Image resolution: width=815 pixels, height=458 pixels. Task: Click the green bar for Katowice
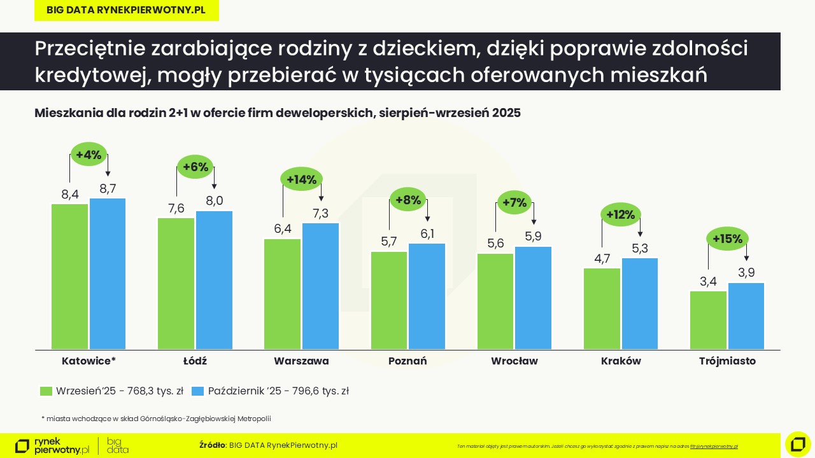pos(70,276)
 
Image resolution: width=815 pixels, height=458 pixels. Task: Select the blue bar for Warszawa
pos(320,286)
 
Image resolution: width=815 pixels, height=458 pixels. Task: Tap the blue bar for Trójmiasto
pos(746,316)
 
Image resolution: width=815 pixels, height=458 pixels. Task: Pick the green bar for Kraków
pos(602,309)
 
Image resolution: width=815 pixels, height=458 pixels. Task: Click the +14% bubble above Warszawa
pos(301,179)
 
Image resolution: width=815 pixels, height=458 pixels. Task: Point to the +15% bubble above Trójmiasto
pos(727,239)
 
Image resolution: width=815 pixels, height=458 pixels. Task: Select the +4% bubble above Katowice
pos(89,155)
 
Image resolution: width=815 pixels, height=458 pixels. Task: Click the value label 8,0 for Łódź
pos(215,201)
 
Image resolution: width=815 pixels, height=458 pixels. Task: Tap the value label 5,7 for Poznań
pos(388,242)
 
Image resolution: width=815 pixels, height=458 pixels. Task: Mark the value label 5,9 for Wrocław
pos(533,237)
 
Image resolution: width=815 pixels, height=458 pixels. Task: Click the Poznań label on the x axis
pos(407,361)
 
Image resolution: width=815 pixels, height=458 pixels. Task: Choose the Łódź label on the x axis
pos(195,361)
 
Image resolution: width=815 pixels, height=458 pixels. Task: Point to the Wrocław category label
pos(514,361)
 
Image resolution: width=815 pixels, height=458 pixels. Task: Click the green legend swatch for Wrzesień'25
pos(46,391)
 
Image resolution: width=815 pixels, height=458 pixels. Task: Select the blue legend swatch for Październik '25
pos(198,391)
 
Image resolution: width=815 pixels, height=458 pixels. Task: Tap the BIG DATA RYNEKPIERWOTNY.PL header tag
pos(126,10)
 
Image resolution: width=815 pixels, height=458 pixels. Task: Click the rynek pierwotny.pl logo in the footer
pos(52,446)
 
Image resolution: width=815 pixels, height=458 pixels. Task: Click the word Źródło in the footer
pos(212,445)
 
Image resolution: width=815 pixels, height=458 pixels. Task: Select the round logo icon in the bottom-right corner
pos(798,444)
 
